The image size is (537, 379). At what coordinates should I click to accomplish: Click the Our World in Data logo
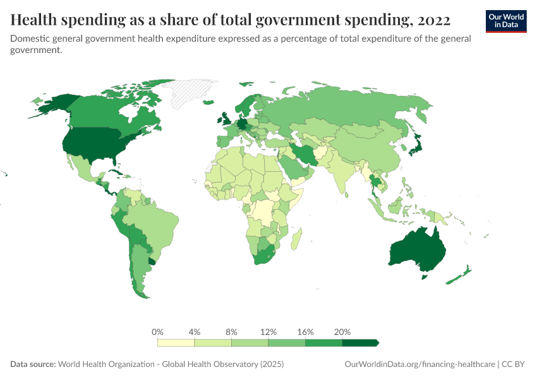[505, 21]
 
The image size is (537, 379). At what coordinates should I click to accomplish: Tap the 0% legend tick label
[158, 332]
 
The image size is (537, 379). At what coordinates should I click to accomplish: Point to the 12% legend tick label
[268, 332]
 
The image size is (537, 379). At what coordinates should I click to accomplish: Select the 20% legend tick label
[342, 332]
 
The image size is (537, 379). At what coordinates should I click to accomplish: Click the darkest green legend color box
[359, 342]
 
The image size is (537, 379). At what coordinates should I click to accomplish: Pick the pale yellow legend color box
[176, 342]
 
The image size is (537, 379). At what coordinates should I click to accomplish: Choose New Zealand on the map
[460, 275]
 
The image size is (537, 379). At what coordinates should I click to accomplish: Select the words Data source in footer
[33, 364]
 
